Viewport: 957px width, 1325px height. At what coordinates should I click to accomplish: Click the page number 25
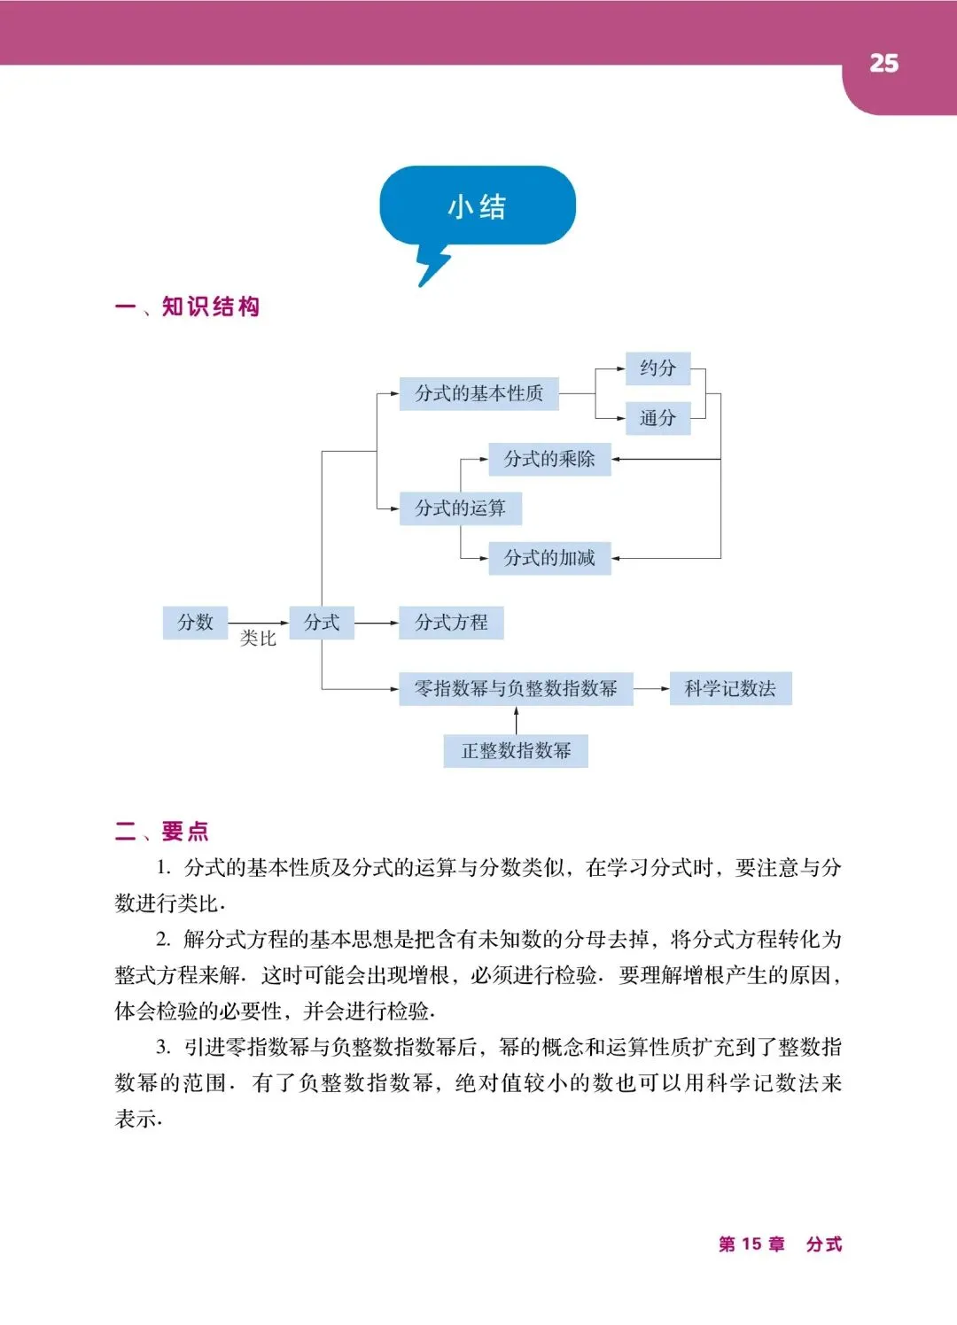point(883,64)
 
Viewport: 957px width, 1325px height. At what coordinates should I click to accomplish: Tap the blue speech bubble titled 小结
point(478,206)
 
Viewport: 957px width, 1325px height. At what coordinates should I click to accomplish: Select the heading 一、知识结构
point(188,306)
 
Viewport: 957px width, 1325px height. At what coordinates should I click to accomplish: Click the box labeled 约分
point(657,368)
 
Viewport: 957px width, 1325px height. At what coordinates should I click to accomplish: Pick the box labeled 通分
point(657,418)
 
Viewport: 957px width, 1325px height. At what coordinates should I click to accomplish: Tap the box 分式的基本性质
point(478,393)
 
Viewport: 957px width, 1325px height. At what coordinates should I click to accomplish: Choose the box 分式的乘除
point(549,459)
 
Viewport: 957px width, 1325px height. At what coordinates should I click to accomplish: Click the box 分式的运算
point(460,508)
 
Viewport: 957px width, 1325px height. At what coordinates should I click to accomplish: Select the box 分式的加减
point(549,558)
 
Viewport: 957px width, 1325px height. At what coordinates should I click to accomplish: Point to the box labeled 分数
point(195,622)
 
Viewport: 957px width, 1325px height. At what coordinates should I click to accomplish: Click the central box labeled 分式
point(322,622)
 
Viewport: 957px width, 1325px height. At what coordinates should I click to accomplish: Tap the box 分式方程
point(451,622)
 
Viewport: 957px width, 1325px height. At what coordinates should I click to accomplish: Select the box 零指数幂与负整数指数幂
point(516,688)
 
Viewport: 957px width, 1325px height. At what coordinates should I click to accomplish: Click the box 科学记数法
point(730,688)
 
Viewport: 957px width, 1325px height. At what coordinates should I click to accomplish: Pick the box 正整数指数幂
point(516,751)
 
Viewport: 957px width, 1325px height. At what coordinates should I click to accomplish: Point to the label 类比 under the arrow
point(258,639)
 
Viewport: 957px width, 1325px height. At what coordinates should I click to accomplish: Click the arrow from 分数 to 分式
point(258,623)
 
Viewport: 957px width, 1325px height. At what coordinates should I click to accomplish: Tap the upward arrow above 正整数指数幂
point(516,720)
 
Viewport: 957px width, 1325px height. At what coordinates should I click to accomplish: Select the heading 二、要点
point(162,831)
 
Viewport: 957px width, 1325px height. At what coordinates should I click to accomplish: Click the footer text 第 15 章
point(751,1244)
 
